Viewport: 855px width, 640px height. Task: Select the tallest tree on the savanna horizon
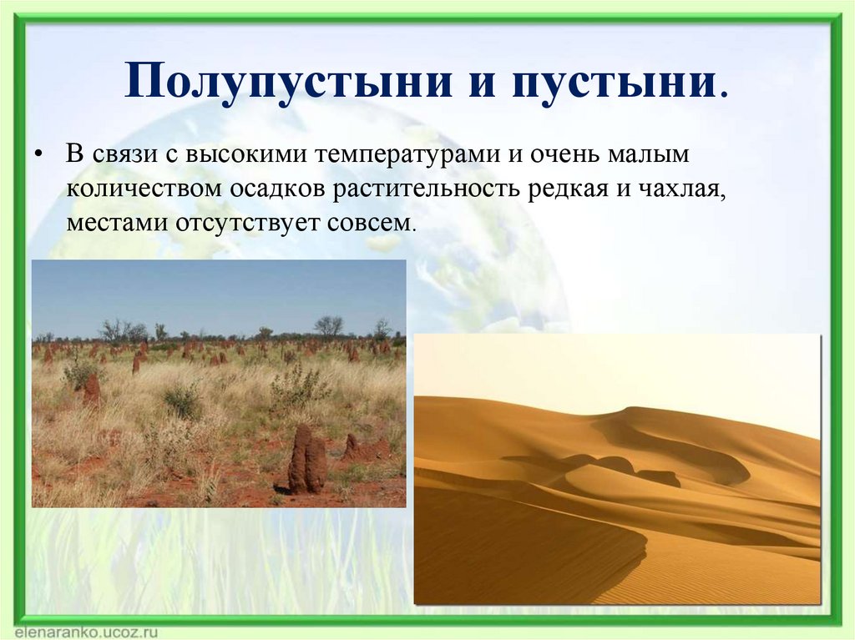[x=328, y=325]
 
